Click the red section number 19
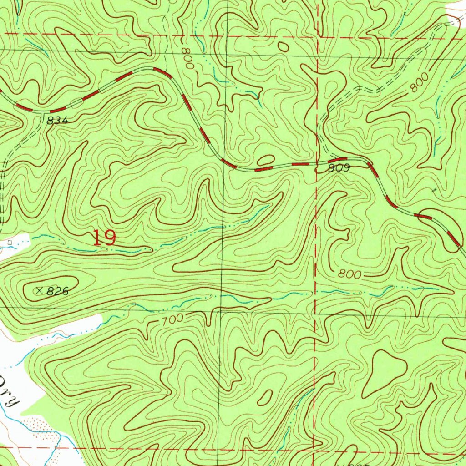104,238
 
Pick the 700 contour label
172,319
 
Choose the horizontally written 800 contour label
350,275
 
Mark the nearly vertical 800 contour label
187,58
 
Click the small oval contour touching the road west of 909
266,160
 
